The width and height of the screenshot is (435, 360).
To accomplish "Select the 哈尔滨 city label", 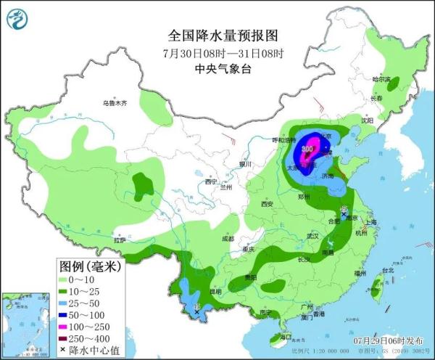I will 381,78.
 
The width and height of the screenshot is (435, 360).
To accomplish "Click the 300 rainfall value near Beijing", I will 307,149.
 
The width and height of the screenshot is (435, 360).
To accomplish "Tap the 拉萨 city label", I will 119,238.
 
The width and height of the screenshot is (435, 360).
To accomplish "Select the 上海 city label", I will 372,223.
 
